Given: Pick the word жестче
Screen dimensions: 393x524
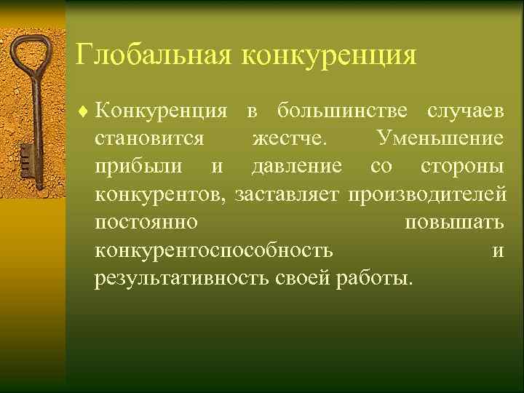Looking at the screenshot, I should coord(291,138).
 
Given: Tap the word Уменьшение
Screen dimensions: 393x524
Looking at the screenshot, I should coord(440,138).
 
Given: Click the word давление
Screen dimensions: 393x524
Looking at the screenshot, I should coord(296,167).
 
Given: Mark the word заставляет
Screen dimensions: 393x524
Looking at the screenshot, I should coord(288,194).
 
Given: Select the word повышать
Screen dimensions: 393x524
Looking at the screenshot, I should coord(453,223).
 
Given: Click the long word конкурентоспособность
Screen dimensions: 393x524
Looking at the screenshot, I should coord(214,250).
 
